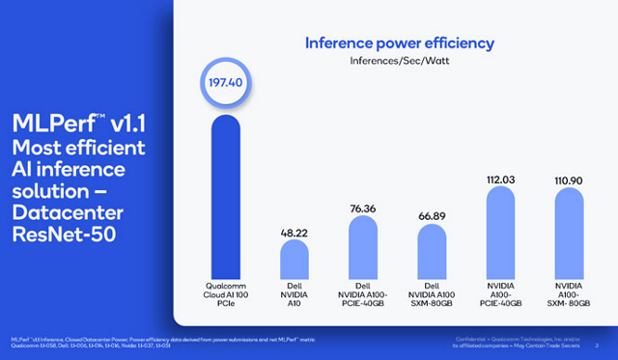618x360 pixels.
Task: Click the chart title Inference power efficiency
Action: tap(399, 42)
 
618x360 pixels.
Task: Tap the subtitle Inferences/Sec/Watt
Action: tap(399, 62)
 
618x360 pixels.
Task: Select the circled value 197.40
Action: tap(225, 83)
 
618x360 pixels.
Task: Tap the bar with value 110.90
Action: tap(570, 233)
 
